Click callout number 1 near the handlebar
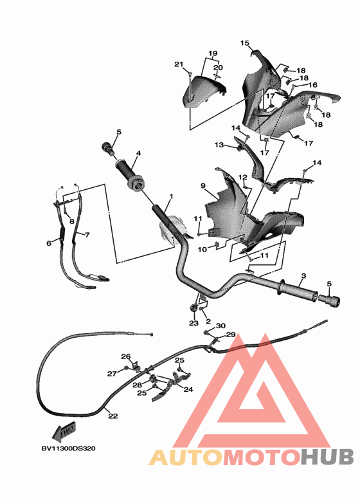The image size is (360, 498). click(x=171, y=196)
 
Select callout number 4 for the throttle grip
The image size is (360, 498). click(x=138, y=154)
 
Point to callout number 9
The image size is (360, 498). click(x=203, y=186)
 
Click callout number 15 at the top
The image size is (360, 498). click(x=245, y=43)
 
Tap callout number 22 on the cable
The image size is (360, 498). click(x=113, y=416)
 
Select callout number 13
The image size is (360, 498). click(x=219, y=145)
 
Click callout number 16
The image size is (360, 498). click(x=313, y=85)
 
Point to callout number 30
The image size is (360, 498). click(x=221, y=326)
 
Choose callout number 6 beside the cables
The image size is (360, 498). click(x=49, y=243)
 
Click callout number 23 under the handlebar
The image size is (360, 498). click(x=194, y=323)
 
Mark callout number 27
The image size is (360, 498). click(x=112, y=373)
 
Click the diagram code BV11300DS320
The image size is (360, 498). click(x=68, y=448)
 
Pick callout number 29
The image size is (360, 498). click(x=231, y=335)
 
